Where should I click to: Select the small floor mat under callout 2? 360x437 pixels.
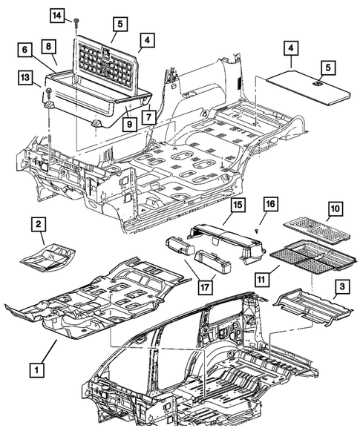48,255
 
